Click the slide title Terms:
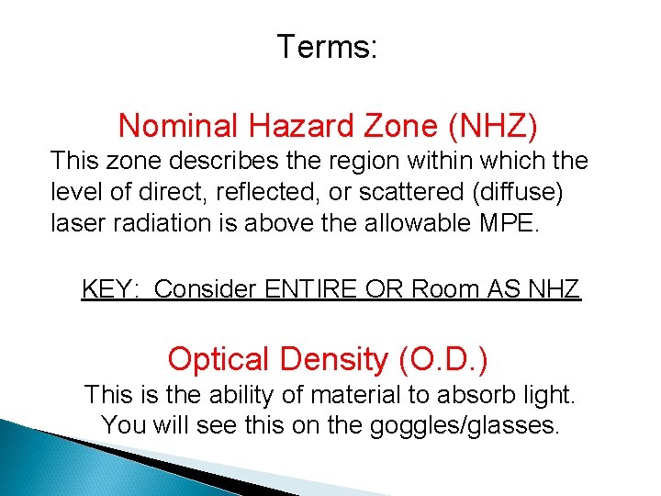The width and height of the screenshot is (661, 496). (327, 46)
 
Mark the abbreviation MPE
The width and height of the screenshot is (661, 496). (503, 223)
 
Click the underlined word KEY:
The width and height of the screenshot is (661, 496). (109, 289)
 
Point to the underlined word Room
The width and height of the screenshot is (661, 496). (444, 289)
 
